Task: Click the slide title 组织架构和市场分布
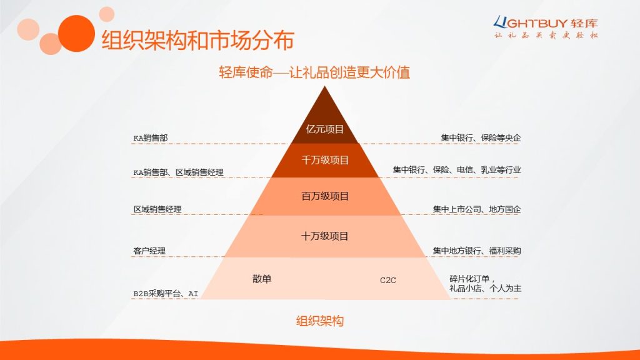(197, 40)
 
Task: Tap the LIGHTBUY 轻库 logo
(546, 27)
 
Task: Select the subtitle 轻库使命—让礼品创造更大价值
(314, 72)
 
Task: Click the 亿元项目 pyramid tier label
(325, 129)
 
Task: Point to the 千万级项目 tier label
(325, 160)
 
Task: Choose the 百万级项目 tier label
(325, 196)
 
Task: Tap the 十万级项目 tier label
(325, 236)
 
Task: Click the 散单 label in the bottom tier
(262, 279)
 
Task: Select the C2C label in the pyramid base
(387, 280)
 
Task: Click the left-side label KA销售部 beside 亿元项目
(151, 138)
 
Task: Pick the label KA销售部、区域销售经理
(178, 172)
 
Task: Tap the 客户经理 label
(149, 251)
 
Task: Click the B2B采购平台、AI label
(166, 294)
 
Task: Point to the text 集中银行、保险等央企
(481, 138)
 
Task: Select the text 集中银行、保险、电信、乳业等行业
(457, 170)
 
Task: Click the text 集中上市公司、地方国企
(477, 209)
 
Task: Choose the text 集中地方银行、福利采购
(477, 251)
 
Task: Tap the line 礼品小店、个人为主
(485, 288)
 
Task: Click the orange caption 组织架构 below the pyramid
(320, 321)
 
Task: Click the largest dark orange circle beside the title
(76, 34)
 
